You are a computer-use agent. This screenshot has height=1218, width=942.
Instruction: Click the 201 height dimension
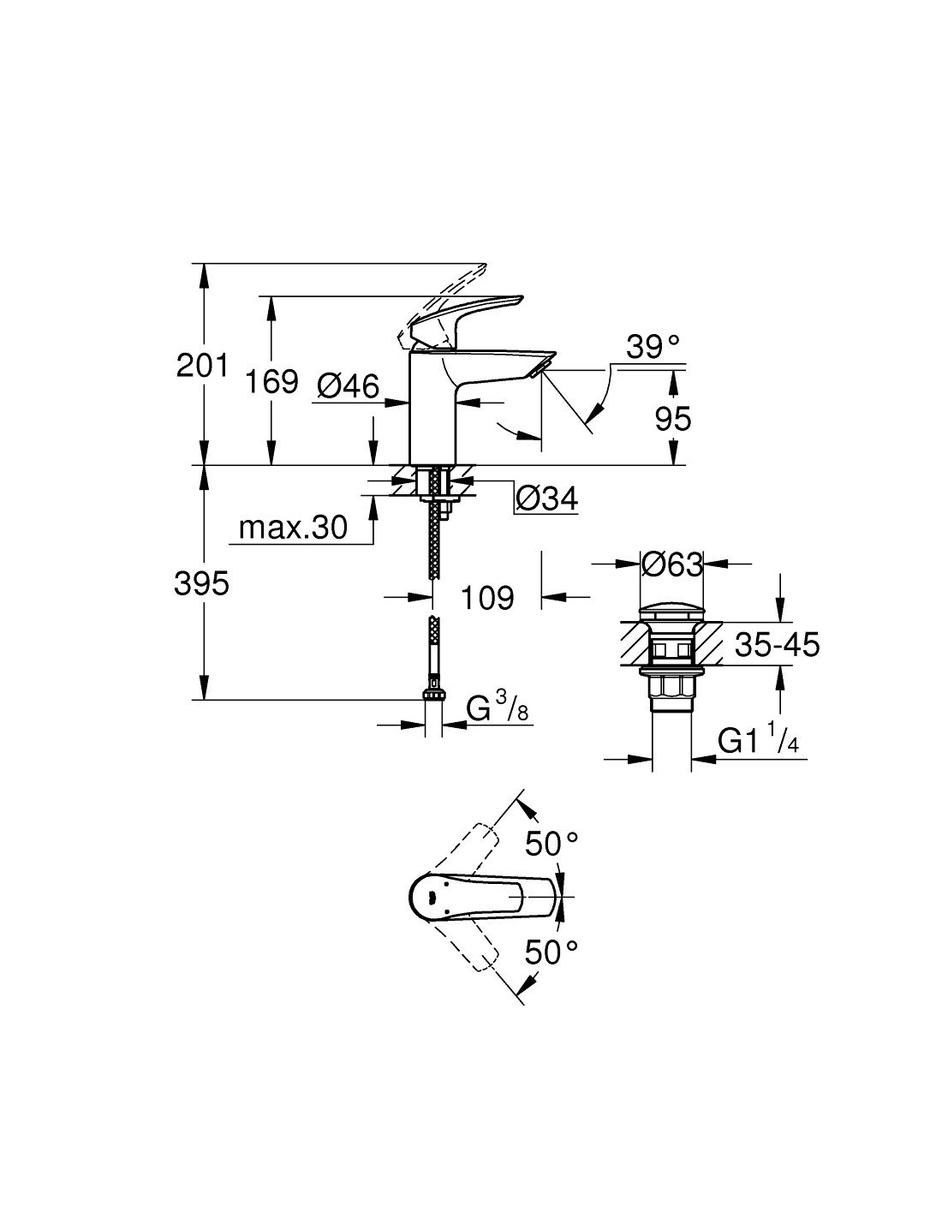click(x=202, y=365)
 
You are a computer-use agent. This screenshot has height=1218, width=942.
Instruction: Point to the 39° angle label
click(x=653, y=347)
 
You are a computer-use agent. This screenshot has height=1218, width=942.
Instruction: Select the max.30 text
click(x=293, y=528)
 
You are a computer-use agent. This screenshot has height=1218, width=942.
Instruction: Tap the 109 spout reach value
click(x=487, y=597)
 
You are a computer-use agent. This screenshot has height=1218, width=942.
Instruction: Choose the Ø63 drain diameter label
click(x=672, y=564)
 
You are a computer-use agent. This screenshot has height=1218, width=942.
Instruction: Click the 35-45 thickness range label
click(x=777, y=643)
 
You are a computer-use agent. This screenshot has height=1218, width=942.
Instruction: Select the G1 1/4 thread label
click(x=758, y=740)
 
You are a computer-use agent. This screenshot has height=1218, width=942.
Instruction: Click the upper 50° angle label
click(x=551, y=845)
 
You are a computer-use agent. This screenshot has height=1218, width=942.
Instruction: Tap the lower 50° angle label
click(x=551, y=951)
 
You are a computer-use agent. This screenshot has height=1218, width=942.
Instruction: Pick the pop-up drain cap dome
click(x=672, y=612)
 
